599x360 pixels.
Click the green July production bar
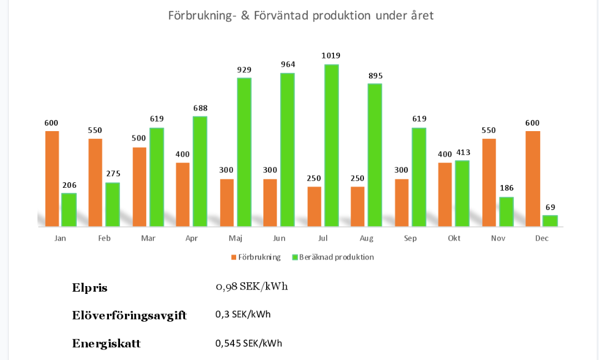(x=331, y=146)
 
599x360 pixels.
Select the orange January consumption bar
(x=52, y=178)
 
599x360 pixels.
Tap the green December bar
(x=550, y=221)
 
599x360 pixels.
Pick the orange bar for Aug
(x=357, y=206)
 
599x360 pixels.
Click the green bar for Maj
(x=244, y=152)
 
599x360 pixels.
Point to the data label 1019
(x=331, y=56)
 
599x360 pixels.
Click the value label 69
(x=550, y=207)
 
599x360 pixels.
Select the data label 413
(x=462, y=152)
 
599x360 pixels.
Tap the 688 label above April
(x=200, y=108)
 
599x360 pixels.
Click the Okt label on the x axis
(x=454, y=238)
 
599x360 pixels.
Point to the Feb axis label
(x=104, y=238)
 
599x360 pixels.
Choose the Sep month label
(x=410, y=238)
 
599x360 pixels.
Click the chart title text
(x=301, y=16)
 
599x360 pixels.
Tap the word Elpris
(x=89, y=288)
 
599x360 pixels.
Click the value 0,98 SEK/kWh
(x=252, y=287)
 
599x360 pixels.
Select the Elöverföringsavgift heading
(x=129, y=316)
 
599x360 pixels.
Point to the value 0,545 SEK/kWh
(x=248, y=343)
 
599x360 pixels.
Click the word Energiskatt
(x=106, y=344)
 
